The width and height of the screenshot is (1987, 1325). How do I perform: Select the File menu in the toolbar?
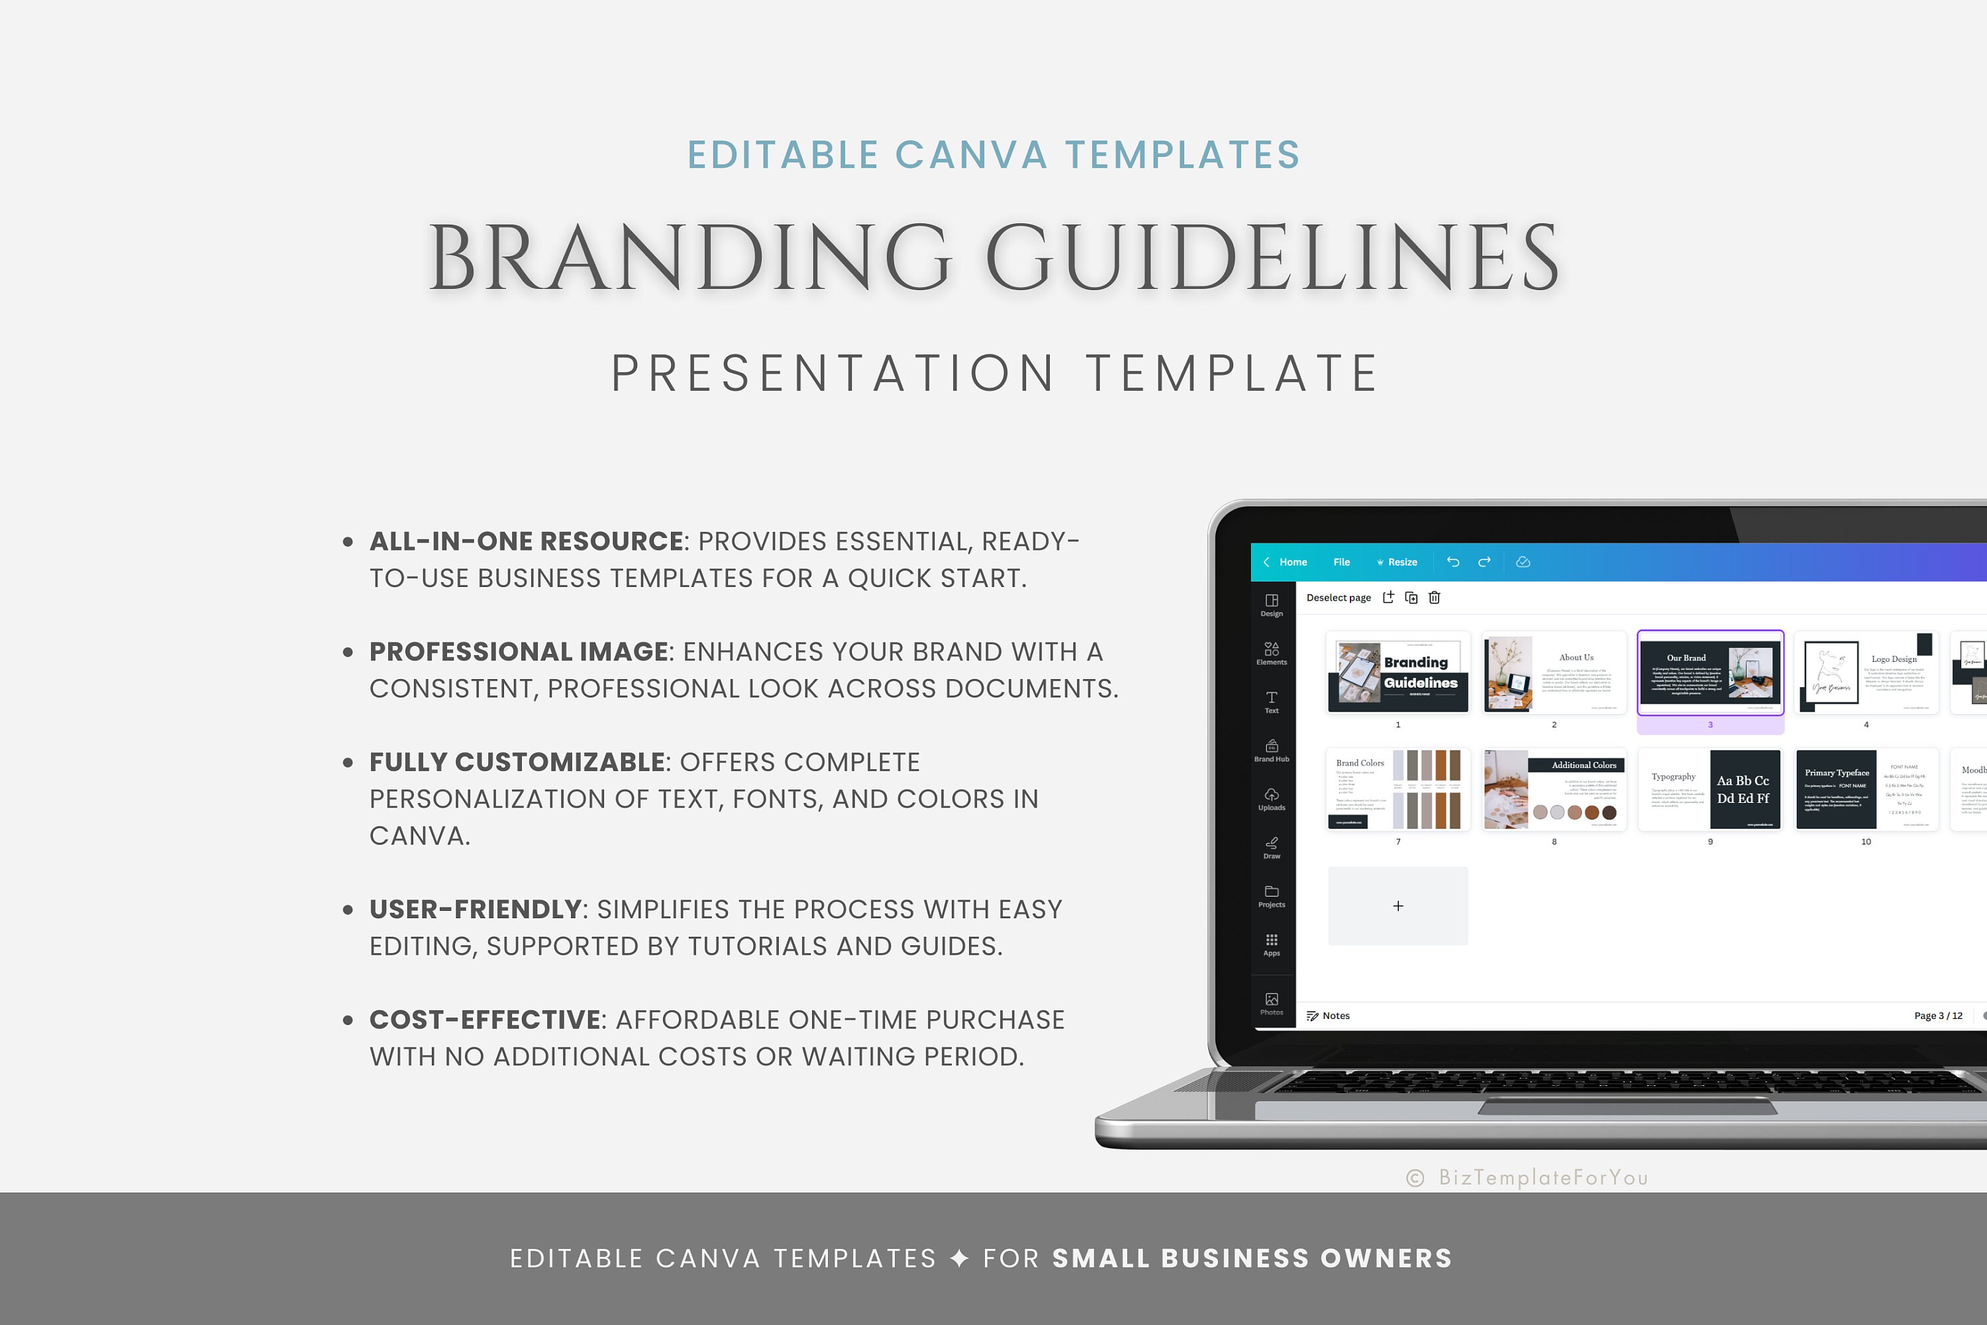[1342, 562]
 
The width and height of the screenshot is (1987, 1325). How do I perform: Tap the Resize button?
[1398, 562]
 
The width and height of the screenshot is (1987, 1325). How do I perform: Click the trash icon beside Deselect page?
[1435, 598]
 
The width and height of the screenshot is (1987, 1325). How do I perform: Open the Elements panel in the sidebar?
[1272, 653]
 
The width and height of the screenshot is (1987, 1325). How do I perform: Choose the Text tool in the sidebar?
[1272, 702]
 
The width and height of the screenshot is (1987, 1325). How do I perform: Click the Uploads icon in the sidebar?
[1272, 798]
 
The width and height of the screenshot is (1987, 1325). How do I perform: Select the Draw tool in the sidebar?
[1272, 847]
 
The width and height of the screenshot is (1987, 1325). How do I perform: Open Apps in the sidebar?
[1272, 944]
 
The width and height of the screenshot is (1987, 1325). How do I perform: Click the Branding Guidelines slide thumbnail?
[1398, 672]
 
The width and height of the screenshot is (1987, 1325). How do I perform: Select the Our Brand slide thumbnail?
[1710, 672]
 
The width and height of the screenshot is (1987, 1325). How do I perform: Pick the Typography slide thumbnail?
[1710, 789]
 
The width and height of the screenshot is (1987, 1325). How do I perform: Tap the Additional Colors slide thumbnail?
[1554, 789]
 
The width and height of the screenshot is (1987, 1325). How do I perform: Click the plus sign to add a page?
[1398, 906]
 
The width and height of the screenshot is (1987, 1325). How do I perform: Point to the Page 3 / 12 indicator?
[1938, 1016]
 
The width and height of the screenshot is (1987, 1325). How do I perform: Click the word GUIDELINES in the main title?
[1272, 257]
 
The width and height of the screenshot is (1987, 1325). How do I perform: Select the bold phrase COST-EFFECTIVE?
[484, 1020]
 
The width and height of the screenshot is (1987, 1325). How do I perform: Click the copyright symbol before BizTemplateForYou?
[1415, 1178]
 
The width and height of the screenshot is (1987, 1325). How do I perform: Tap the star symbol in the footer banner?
[960, 1258]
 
